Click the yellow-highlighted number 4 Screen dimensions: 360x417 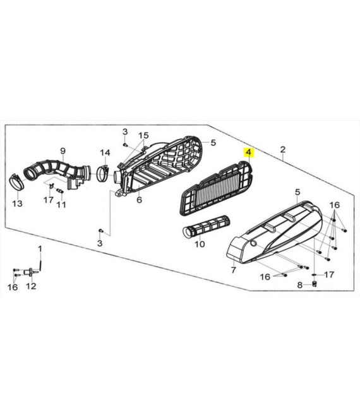(248, 153)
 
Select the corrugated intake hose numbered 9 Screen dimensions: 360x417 (57, 172)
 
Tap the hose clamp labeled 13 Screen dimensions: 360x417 (17, 182)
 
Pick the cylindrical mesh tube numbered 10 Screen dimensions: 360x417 (206, 226)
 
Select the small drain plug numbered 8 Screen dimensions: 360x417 (315, 284)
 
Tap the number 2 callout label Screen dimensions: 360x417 (282, 149)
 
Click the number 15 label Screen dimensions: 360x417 (143, 135)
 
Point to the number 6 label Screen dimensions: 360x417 (140, 200)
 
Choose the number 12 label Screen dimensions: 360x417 (31, 286)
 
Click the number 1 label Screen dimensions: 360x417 (40, 249)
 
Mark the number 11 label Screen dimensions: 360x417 (61, 205)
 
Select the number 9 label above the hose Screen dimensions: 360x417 (63, 151)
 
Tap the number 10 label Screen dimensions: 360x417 (200, 244)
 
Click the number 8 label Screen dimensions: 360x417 (300, 285)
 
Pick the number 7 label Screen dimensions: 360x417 (233, 270)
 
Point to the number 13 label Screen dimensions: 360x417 (17, 203)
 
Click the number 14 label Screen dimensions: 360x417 (105, 153)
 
